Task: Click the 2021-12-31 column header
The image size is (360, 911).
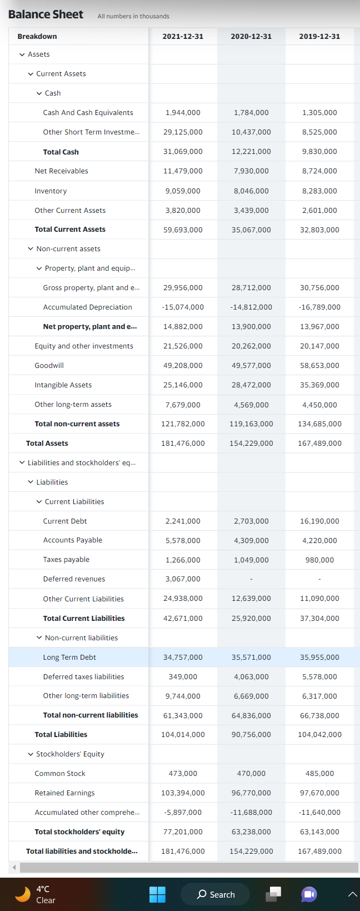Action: (183, 36)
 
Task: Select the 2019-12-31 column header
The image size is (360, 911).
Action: (319, 36)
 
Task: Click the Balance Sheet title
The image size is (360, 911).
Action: (46, 14)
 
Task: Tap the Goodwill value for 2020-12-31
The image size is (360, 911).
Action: (251, 365)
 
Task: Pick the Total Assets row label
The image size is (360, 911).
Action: (47, 443)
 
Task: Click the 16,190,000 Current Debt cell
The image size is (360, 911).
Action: (319, 521)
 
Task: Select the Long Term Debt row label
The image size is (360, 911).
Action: (69, 657)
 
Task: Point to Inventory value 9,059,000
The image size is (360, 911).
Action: (183, 191)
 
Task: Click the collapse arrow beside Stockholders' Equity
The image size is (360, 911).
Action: (31, 754)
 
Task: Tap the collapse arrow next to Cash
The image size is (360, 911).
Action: (39, 93)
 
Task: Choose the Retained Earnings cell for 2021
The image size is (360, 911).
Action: (183, 793)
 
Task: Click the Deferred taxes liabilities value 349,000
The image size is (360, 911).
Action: (183, 676)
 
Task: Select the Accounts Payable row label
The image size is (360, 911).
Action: (73, 540)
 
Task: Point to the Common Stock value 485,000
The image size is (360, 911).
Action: (319, 773)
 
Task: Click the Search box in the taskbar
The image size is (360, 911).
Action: (216, 894)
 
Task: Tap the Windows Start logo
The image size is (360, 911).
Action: (157, 894)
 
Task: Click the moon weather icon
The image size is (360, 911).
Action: (23, 894)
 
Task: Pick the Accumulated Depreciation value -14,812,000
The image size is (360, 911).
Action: (251, 307)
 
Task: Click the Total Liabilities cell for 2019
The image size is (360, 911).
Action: (319, 734)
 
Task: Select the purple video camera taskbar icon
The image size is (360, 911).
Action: (309, 894)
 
